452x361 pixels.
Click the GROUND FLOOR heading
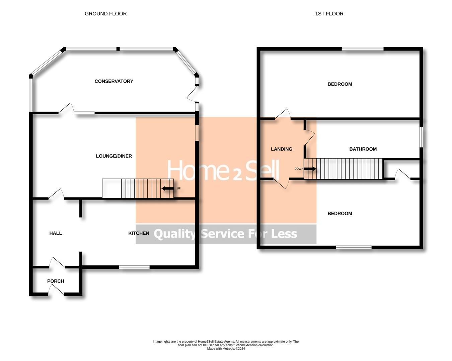point(105,14)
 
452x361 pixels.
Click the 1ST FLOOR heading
point(329,14)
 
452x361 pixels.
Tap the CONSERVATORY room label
point(114,81)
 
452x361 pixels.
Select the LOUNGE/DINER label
point(114,156)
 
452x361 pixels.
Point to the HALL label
point(56,233)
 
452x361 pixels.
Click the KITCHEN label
point(139,233)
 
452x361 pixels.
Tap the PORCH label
point(56,281)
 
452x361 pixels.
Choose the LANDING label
point(282,149)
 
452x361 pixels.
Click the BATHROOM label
point(363,149)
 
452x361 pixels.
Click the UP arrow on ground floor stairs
point(167,189)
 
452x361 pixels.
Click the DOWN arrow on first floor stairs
point(310,169)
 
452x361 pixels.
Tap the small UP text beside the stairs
point(179,189)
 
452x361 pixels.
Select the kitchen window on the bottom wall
point(134,267)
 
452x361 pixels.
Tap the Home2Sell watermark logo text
point(223,170)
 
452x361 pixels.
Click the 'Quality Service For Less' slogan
point(225,234)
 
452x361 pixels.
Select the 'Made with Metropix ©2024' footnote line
point(226,349)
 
